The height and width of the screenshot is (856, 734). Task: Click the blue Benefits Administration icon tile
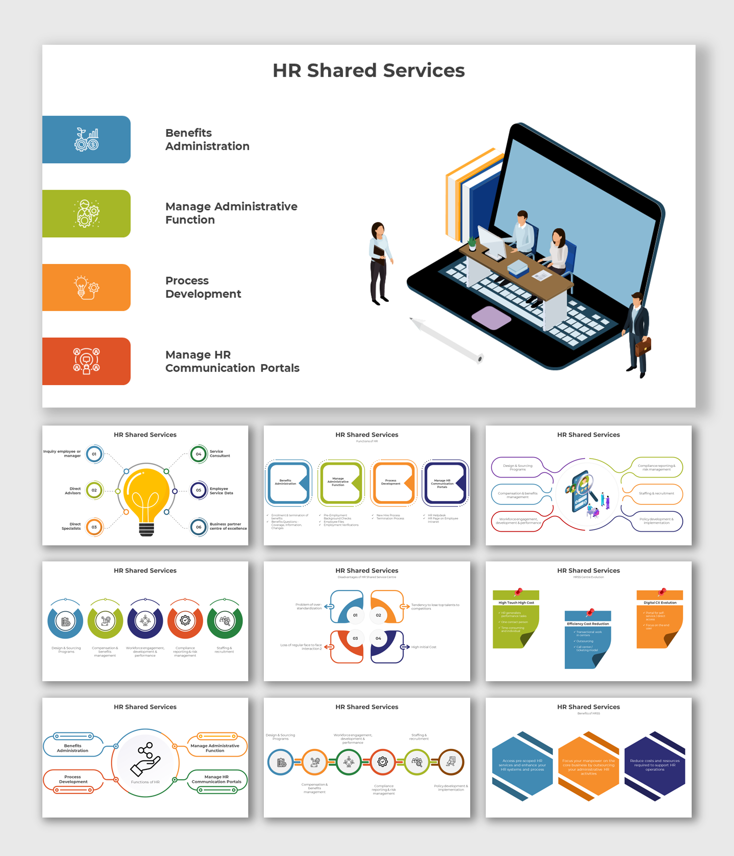86,139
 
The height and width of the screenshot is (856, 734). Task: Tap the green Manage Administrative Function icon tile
86,213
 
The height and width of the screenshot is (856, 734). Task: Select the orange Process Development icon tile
86,287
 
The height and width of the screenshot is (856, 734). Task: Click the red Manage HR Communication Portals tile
86,361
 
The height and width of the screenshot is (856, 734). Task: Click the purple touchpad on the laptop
491,318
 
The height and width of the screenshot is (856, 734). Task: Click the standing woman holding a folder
380,263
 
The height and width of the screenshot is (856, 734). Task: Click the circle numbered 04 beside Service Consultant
199,454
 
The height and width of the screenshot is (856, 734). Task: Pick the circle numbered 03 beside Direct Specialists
94,527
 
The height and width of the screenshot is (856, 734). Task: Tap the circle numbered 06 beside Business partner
199,527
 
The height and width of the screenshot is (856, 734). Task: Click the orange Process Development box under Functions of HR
393,483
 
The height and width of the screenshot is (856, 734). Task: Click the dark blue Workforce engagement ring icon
145,621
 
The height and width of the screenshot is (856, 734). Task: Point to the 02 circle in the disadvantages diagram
379,615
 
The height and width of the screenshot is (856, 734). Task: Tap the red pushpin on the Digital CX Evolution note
662,592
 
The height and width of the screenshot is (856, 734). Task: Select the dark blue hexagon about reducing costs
655,765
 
